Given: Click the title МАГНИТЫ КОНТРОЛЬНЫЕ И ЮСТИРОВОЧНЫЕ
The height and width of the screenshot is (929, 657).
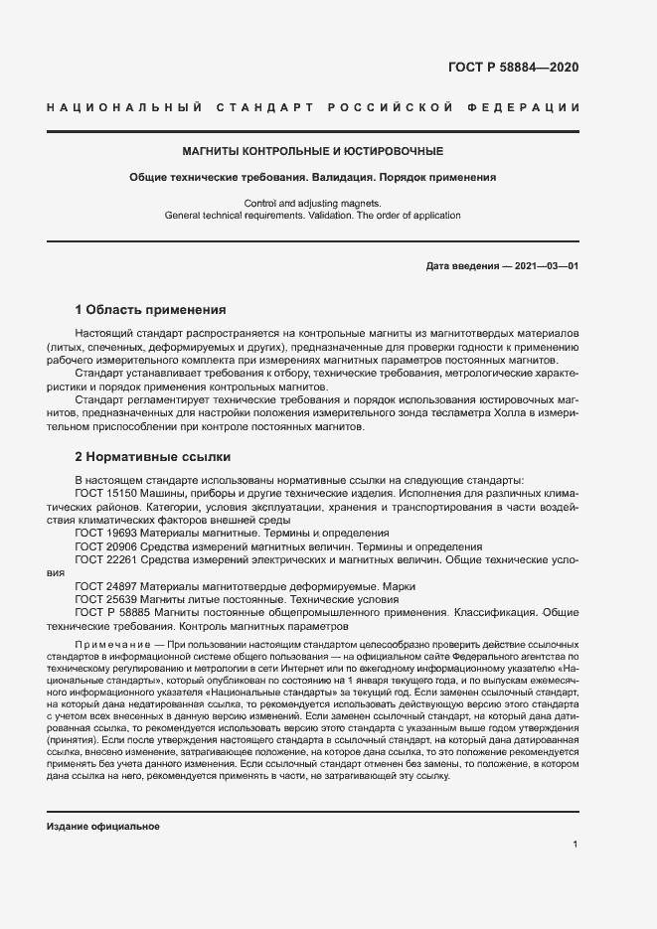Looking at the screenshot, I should pyautogui.click(x=312, y=151).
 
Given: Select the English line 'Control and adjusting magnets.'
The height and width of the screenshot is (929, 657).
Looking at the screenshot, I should pyautogui.click(x=312, y=203).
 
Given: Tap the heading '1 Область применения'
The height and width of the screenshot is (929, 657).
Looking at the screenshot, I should pyautogui.click(x=150, y=309).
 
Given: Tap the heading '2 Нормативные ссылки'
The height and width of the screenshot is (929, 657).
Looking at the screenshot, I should pyautogui.click(x=153, y=457).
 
